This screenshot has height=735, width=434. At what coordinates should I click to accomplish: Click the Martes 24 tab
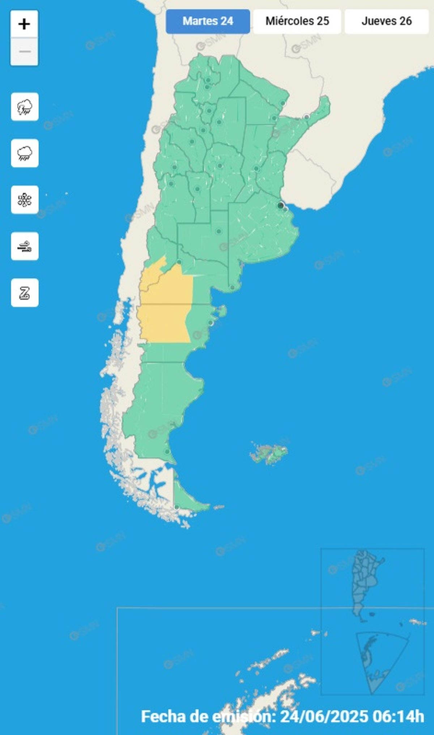click(208, 21)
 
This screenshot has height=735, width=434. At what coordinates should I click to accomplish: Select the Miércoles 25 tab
click(297, 21)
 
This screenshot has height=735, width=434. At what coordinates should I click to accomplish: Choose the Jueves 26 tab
click(386, 21)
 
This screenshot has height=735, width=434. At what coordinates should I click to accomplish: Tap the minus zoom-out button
click(24, 52)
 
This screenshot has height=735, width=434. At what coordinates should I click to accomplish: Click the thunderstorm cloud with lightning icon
click(25, 107)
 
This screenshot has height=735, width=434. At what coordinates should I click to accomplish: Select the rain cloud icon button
click(25, 153)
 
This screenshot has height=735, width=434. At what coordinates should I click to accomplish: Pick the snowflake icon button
click(25, 200)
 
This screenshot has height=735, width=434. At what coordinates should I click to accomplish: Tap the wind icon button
click(25, 246)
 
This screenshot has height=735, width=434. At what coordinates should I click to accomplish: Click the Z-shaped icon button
click(25, 293)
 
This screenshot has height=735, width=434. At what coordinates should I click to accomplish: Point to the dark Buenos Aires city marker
click(280, 206)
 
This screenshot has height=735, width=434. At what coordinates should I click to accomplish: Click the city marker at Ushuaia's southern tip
click(176, 508)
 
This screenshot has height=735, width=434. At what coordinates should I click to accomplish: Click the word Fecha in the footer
click(163, 716)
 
